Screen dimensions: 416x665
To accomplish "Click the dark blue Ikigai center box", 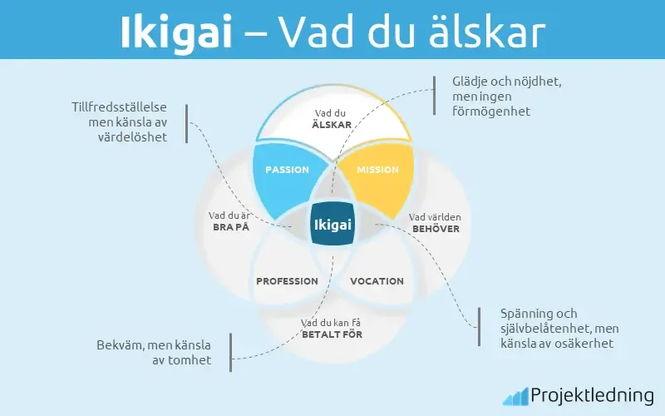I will (332, 225).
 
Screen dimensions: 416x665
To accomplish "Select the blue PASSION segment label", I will (287, 170).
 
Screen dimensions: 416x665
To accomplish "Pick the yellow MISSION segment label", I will (377, 170).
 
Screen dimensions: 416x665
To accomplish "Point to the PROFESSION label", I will (287, 281).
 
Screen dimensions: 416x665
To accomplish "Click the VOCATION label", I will (377, 281).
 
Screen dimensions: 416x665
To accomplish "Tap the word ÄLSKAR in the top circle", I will (332, 124).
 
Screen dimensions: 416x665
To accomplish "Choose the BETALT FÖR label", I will (332, 334).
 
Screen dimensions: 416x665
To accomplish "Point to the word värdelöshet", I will (133, 137).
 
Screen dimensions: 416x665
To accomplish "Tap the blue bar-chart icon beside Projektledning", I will (514, 394).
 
